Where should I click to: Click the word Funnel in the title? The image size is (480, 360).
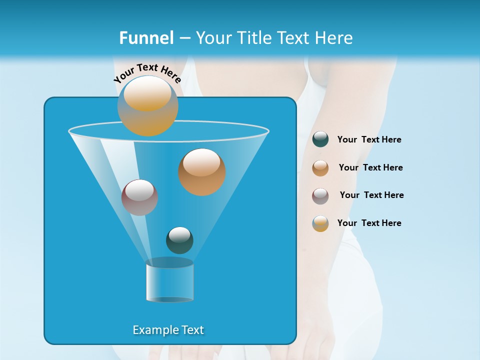[x=146, y=38]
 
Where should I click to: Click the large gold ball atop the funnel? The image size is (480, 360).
[x=147, y=106]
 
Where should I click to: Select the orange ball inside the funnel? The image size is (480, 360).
[x=202, y=172]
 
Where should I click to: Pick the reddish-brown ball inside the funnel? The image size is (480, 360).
[x=139, y=197]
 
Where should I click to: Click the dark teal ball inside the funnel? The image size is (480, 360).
[x=179, y=240]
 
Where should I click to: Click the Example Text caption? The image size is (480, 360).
[x=168, y=330]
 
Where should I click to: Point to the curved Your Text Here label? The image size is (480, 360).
[x=147, y=73]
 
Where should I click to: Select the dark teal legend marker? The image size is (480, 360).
[x=320, y=139]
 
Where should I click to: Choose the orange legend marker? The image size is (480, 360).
[x=320, y=168]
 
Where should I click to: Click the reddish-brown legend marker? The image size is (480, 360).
[x=320, y=196]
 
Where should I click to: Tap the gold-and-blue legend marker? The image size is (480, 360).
[x=320, y=223]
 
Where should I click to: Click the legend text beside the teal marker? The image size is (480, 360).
[x=369, y=139]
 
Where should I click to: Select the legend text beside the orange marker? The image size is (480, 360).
[x=370, y=167]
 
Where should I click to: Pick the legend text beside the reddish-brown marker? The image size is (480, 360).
[x=371, y=195]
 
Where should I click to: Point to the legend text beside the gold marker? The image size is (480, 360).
[x=369, y=223]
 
